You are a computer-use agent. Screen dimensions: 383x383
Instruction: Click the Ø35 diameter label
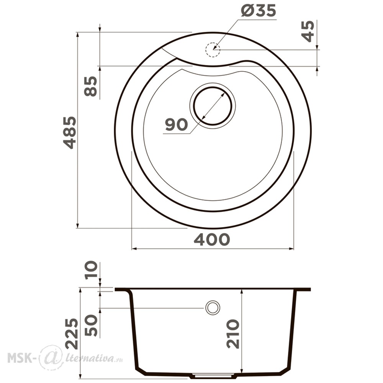click(x=258, y=11)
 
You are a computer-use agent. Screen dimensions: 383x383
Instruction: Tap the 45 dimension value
click(x=308, y=31)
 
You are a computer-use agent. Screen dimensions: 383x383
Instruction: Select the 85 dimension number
click(x=91, y=86)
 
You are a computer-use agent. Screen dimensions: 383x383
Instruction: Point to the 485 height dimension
click(x=70, y=133)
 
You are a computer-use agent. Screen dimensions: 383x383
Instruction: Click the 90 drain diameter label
click(x=176, y=124)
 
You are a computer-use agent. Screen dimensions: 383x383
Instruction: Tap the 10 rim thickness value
click(x=91, y=270)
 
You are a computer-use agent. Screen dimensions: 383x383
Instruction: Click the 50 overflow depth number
click(x=91, y=325)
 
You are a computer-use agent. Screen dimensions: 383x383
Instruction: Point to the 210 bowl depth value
click(x=233, y=334)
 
